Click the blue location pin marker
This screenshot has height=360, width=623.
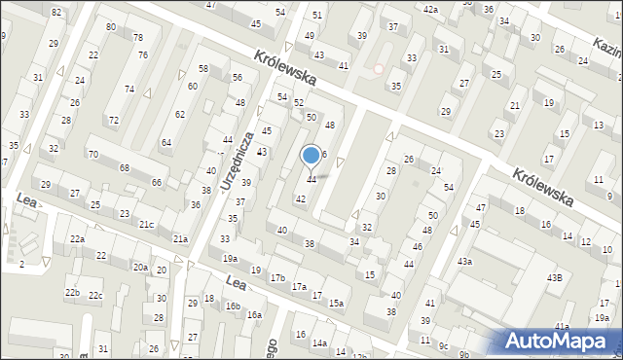coord(311,155)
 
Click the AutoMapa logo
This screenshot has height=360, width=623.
coord(558,342)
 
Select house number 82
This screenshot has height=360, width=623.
coord(55,12)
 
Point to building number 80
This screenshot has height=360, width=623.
coord(111,26)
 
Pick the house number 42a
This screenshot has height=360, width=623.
coord(431,9)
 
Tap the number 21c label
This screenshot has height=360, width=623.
coord(146,225)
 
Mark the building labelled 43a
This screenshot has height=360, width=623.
coord(465,262)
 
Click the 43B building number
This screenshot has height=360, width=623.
coord(554,278)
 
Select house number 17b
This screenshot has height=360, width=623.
coord(277,278)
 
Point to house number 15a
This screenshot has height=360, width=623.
coord(336,304)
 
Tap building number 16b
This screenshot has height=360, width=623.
coord(233,306)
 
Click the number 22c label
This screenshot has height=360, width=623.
coord(95,295)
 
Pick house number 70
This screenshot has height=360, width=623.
coord(93,154)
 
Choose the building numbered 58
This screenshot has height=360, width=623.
coord(203,69)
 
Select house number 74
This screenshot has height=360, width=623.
coord(128,90)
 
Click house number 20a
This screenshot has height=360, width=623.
coord(140,268)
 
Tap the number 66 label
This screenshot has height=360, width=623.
coord(157,183)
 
